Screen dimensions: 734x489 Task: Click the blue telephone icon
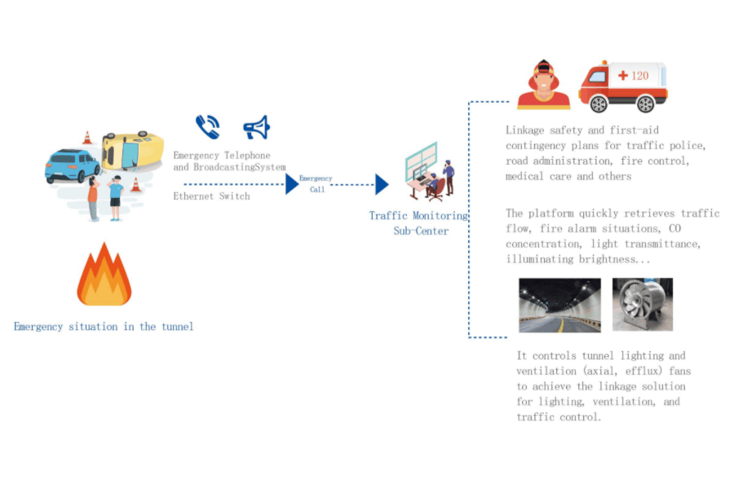208,127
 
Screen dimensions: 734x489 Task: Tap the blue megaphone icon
257,127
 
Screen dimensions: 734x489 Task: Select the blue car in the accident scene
72,165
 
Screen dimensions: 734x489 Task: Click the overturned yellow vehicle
133,151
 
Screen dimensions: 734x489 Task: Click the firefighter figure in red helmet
543,85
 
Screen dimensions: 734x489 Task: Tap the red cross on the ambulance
622,75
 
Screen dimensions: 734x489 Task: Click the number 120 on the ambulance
640,76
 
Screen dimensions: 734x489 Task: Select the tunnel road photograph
559,305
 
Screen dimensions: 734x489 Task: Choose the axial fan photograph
643,305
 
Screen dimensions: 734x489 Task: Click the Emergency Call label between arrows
316,184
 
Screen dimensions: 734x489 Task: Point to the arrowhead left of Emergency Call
292,184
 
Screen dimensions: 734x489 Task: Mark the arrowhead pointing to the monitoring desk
382,184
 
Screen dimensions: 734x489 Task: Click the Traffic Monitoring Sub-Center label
418,223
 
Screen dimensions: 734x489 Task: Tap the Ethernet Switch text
211,196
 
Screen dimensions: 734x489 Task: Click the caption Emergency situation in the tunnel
104,327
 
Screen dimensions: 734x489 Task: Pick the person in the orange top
93,199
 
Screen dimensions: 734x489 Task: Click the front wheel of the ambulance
599,104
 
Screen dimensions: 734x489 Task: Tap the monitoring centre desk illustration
430,172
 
